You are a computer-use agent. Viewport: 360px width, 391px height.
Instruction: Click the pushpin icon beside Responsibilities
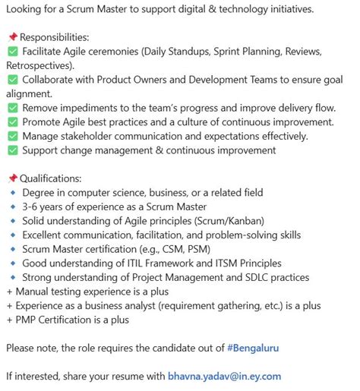12,37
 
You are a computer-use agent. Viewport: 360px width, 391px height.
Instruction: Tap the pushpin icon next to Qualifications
12,178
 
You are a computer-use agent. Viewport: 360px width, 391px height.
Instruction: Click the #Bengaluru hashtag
253,348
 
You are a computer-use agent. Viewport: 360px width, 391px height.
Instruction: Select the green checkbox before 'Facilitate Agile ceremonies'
12,52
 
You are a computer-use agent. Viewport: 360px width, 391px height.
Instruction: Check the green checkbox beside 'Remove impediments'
12,108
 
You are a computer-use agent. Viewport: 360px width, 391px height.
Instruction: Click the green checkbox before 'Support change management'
12,150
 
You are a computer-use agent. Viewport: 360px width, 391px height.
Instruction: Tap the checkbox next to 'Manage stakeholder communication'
12,136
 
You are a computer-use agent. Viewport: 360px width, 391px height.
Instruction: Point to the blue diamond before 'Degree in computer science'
12,193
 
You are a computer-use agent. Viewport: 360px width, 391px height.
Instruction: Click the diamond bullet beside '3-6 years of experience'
12,207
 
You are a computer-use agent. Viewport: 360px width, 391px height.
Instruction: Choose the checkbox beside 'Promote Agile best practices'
12,121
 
